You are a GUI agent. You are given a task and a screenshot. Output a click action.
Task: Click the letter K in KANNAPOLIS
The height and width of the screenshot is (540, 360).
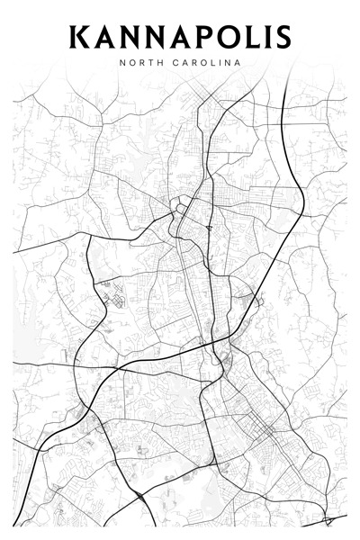click(x=80, y=38)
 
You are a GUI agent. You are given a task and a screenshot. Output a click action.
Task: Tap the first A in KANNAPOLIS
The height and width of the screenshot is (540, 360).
click(x=104, y=38)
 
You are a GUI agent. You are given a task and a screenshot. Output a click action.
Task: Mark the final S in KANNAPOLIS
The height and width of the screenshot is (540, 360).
click(x=283, y=38)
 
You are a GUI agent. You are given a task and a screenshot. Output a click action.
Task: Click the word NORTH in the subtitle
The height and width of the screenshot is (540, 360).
click(x=137, y=63)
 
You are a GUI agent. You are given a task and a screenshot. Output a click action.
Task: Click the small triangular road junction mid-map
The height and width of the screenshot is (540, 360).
click(x=208, y=229)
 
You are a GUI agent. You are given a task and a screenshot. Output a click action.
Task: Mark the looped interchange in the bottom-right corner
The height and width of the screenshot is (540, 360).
click(x=328, y=520)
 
